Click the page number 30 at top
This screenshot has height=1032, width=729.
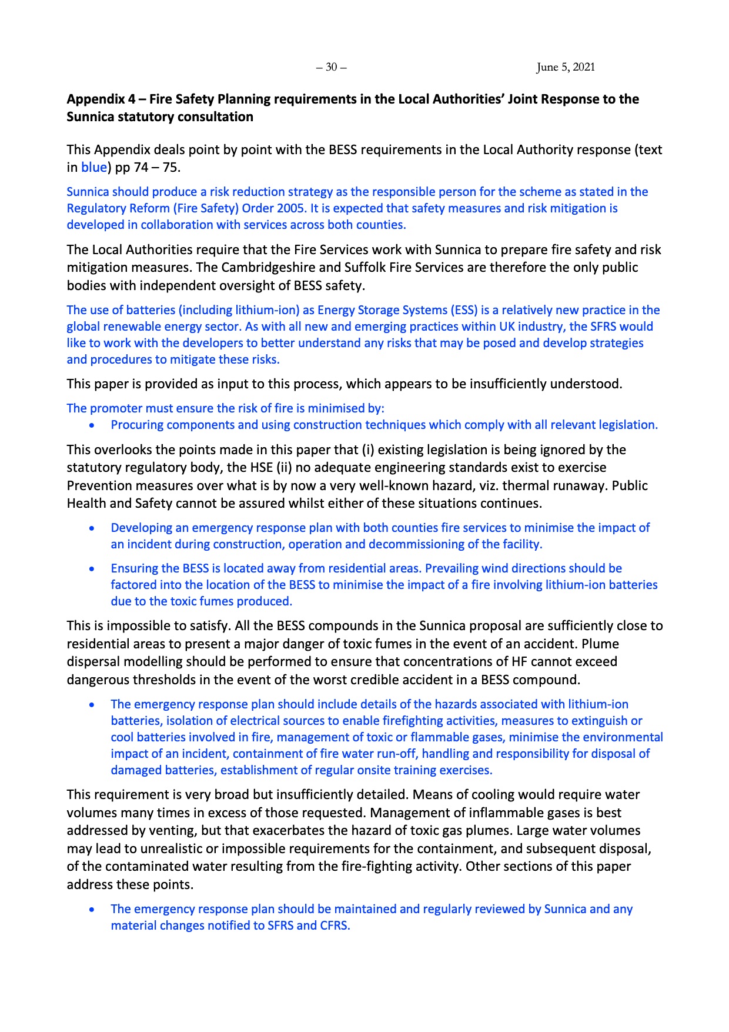[x=331, y=67]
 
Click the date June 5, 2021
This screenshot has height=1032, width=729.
[x=565, y=67]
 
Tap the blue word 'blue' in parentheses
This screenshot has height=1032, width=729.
[x=93, y=167]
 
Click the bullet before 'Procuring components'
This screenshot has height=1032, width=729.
[x=92, y=425]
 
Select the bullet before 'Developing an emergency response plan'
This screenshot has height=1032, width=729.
[x=92, y=528]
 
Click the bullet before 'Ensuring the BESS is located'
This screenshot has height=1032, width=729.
[x=92, y=568]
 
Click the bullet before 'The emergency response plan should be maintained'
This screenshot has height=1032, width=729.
[x=92, y=909]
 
